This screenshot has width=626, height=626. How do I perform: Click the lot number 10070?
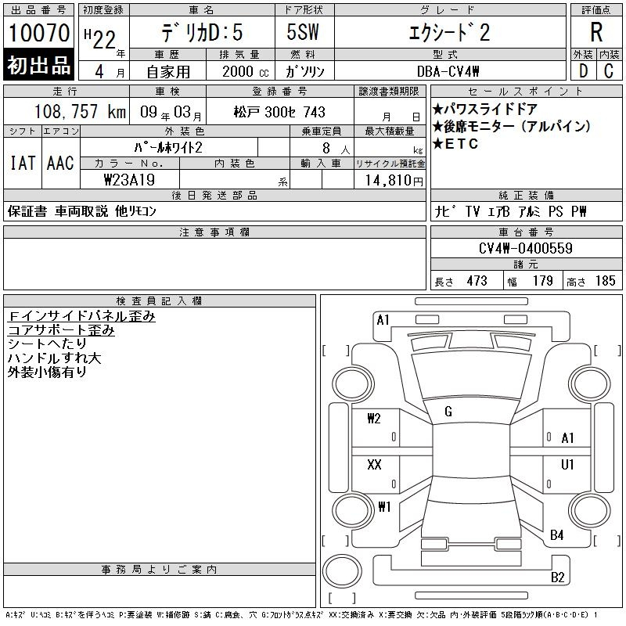coord(39,33)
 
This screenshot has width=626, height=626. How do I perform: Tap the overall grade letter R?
coord(596,32)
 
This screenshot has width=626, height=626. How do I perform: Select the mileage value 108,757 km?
coord(80,112)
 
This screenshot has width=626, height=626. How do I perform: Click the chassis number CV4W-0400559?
coord(525,248)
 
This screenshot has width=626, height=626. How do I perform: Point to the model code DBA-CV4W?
coord(448,71)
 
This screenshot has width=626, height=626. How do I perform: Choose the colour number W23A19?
coord(129,180)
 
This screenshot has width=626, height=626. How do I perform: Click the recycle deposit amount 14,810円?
coord(394,181)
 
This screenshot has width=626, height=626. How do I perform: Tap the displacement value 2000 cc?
coord(245,71)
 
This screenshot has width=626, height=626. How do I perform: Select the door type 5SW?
coord(303,32)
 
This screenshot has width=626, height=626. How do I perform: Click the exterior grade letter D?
coord(583,71)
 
